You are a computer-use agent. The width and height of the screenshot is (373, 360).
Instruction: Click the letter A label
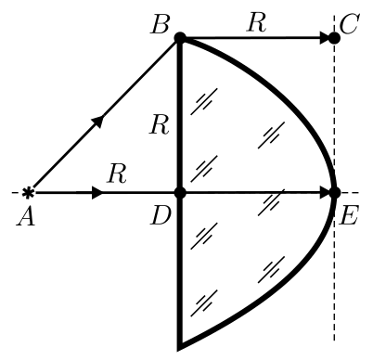pos(26,216)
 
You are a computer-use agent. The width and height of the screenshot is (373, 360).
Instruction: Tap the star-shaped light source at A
pos(28,193)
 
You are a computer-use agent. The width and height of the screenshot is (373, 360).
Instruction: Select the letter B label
pos(160,24)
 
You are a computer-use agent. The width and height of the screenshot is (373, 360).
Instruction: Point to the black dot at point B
pos(180,38)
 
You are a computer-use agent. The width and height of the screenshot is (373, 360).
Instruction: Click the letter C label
pos(349,24)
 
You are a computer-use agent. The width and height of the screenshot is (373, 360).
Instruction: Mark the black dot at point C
pos(334,38)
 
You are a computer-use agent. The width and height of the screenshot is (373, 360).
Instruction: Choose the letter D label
pos(161,215)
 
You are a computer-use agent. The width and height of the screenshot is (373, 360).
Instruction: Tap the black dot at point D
pos(180,193)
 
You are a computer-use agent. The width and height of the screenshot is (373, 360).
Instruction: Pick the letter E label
pos(349,215)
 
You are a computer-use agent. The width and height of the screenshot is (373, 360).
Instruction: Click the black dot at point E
pos(334,193)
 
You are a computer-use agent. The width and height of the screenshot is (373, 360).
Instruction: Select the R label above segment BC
pos(256,23)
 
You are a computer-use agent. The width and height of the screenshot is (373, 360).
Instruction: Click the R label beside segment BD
pos(159,125)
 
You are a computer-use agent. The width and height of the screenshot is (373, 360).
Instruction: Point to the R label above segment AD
pos(117,174)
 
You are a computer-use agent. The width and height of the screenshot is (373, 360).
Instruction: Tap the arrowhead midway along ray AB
pos(98,121)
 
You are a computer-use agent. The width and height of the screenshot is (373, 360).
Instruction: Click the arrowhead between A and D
pos(97,193)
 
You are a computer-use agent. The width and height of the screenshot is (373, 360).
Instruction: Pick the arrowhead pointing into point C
pos(324,38)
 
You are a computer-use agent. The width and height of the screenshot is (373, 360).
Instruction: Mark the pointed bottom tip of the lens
pos(179,350)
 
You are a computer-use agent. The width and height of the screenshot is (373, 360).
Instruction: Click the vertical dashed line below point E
pos(334,269)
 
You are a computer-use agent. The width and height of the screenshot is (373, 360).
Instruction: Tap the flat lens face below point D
pos(180,272)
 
